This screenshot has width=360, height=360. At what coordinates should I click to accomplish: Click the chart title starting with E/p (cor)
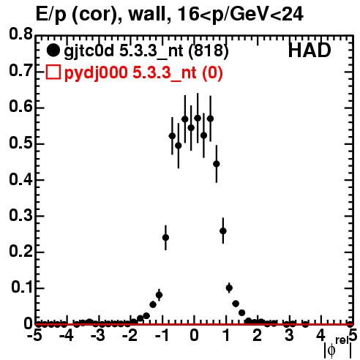point(170,14)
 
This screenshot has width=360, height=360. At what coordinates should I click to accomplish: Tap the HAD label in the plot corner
point(310,50)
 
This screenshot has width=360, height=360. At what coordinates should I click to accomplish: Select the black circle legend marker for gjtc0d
point(53,50)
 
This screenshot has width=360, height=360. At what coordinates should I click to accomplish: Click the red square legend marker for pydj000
point(53,72)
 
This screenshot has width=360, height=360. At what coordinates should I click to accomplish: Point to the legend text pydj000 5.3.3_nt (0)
point(143,73)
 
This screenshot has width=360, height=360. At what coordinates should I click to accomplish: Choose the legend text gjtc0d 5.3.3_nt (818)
point(146,51)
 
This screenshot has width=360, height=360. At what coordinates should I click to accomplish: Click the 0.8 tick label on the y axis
point(20,34)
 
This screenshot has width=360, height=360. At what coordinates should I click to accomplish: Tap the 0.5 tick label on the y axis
point(20,143)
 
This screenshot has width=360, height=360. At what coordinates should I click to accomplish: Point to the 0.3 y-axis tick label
point(20,215)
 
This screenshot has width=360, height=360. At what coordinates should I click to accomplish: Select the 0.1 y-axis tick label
point(22,288)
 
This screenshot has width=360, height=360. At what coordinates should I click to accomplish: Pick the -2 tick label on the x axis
point(131,335)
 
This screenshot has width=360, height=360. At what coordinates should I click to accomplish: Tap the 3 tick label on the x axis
point(289,335)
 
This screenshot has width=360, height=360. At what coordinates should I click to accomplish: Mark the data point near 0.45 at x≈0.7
point(217,164)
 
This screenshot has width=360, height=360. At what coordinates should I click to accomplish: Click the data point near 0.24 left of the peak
point(165,237)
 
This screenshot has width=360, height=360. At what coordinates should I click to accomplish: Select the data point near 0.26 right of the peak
point(223,230)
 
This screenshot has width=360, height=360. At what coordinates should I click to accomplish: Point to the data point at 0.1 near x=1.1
point(229,288)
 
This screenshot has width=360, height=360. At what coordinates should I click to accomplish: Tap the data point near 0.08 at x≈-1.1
point(159,295)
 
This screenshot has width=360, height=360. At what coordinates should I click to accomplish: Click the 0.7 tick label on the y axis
point(20,70)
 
